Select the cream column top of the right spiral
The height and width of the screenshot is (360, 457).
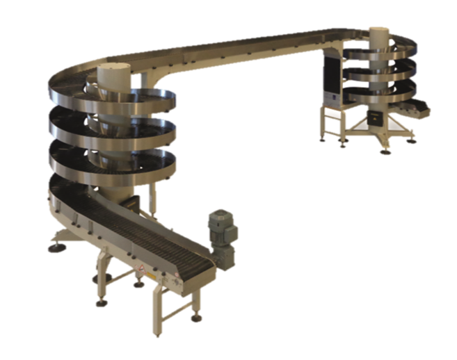(379, 34)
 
